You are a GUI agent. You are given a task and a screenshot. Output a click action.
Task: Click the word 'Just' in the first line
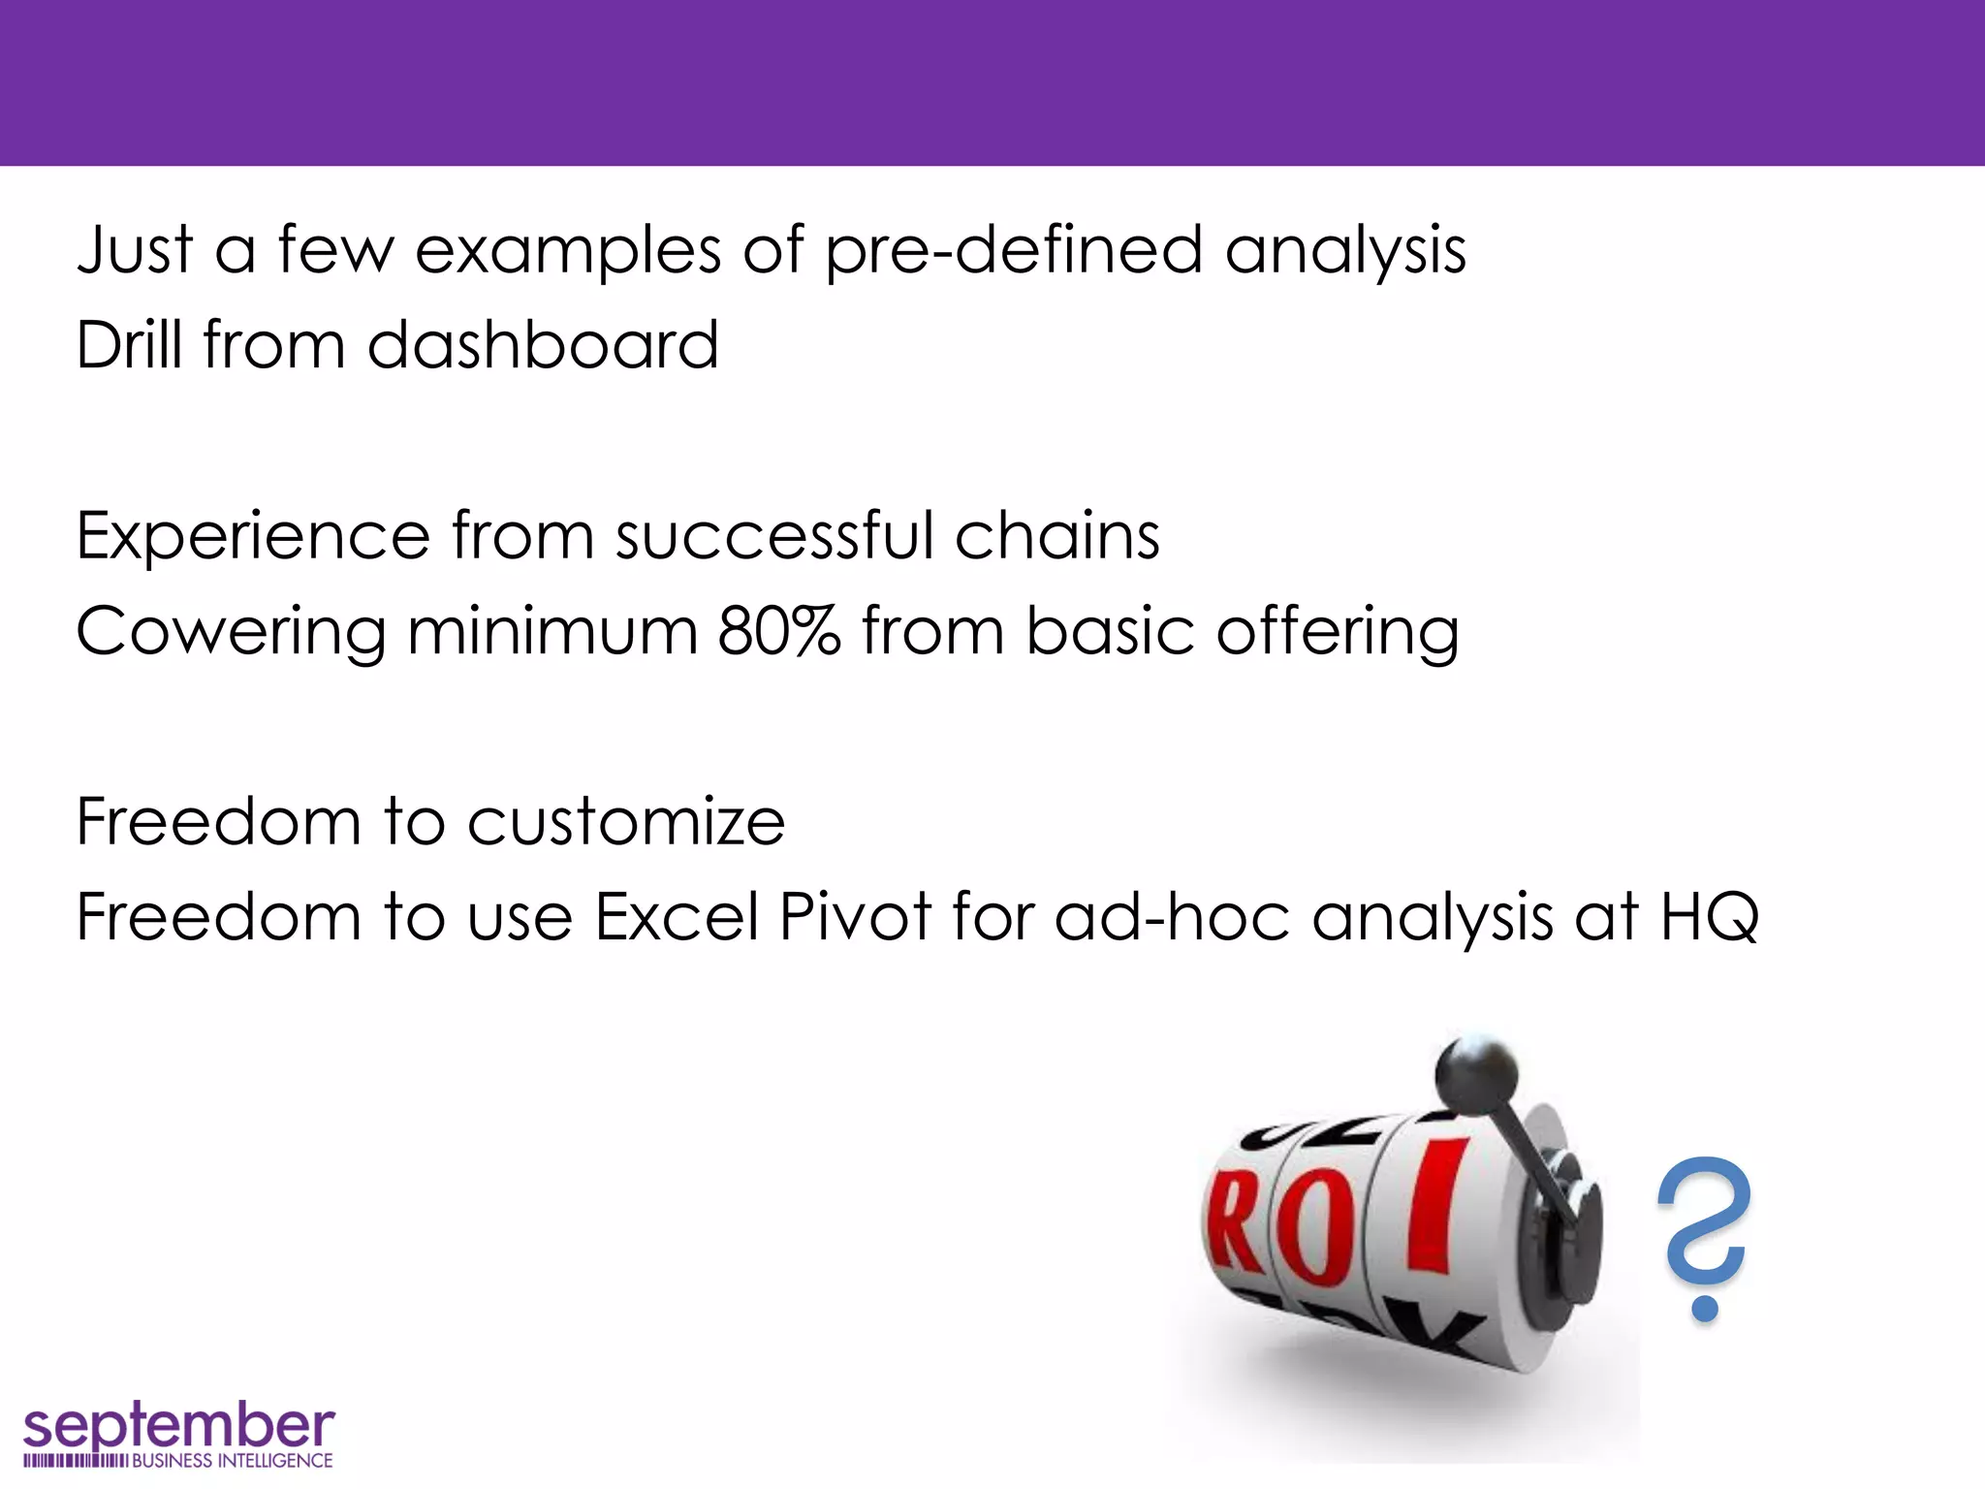coord(136,250)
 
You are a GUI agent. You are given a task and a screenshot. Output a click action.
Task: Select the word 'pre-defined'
coord(1013,250)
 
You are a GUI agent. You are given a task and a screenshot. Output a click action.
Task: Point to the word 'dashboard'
coord(543,345)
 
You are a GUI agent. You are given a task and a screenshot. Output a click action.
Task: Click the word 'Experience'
coord(253,537)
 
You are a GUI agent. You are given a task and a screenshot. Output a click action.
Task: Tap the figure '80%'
coord(778,630)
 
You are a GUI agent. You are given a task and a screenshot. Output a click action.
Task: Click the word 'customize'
coord(626,823)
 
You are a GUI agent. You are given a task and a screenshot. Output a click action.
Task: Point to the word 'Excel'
coord(677,916)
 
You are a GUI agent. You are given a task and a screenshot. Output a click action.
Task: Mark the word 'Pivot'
coord(855,916)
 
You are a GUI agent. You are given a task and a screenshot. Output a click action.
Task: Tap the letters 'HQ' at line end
coord(1709,916)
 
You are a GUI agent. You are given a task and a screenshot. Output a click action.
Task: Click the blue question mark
coord(1704,1236)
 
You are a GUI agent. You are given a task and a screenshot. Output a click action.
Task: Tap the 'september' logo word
coord(178,1426)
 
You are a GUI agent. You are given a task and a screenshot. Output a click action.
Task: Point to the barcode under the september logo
coord(75,1461)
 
